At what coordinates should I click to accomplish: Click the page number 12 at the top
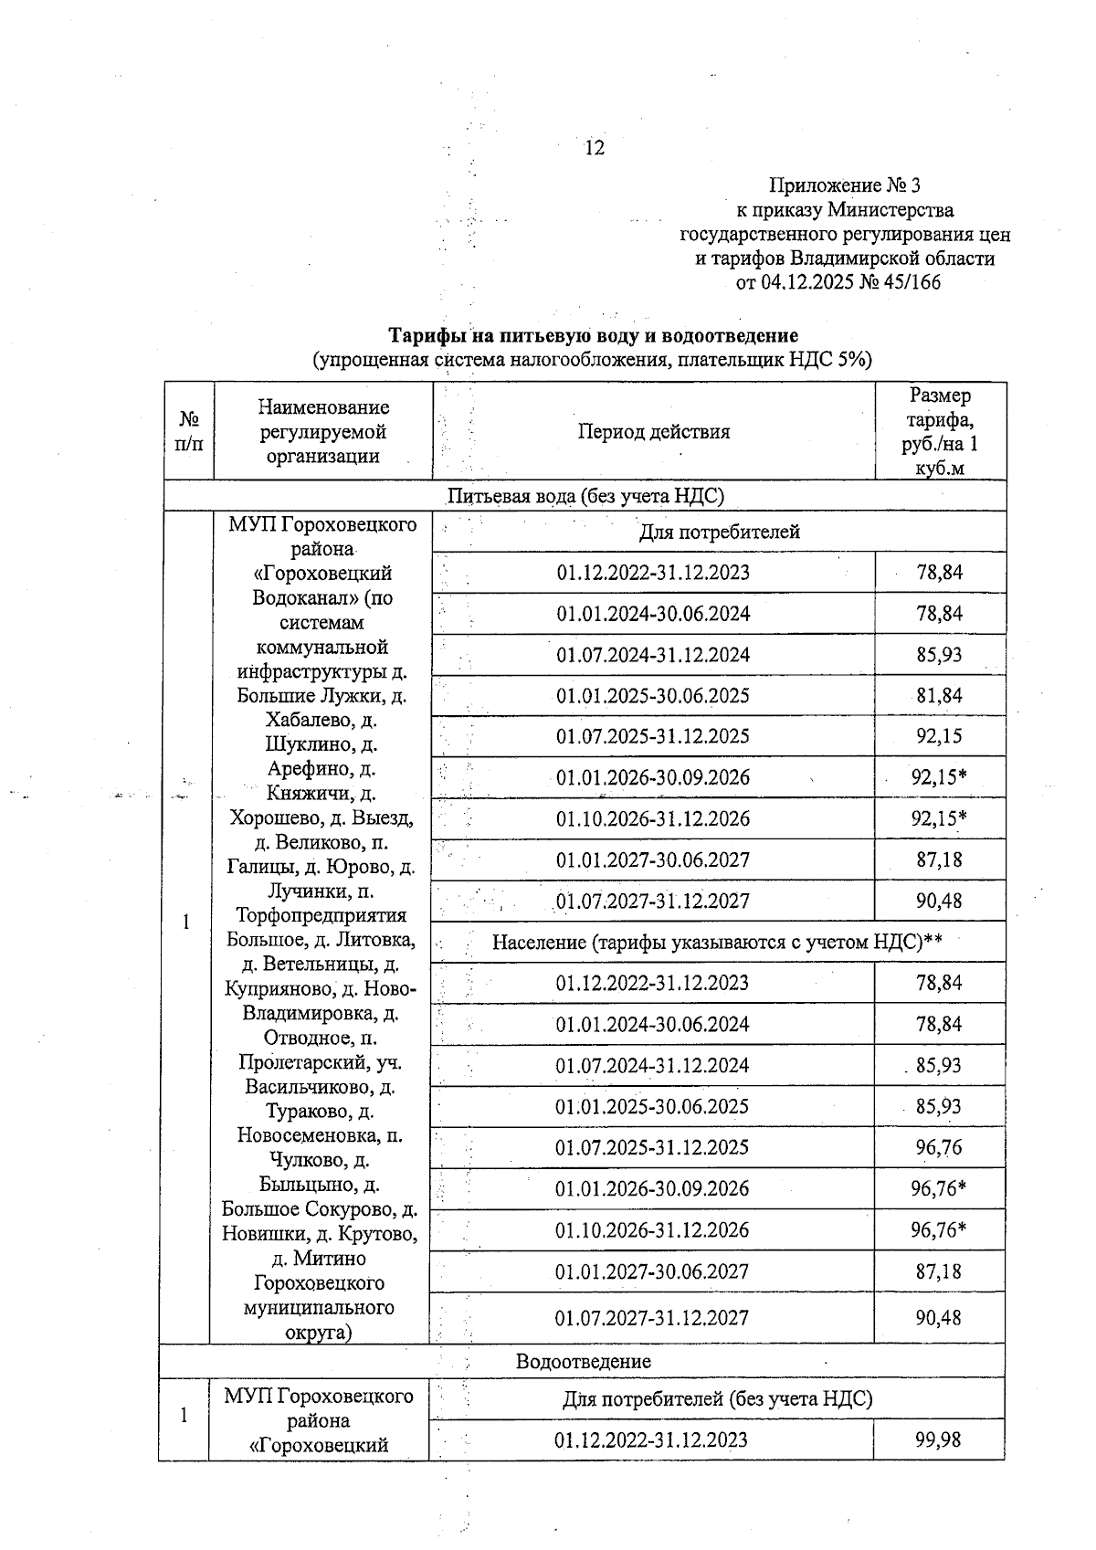(594, 147)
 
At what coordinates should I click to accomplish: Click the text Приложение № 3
(844, 186)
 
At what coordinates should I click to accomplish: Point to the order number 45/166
(907, 282)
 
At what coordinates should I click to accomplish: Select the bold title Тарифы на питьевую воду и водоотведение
(594, 336)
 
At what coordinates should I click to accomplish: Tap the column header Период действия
(653, 431)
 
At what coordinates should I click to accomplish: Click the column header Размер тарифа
(940, 431)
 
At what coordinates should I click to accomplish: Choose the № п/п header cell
(188, 431)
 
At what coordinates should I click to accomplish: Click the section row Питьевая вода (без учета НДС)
(585, 496)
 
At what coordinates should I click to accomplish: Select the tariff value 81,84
(940, 696)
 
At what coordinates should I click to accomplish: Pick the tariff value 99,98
(940, 1440)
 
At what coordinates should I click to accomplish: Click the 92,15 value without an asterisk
(940, 736)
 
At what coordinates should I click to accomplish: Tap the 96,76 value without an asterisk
(940, 1147)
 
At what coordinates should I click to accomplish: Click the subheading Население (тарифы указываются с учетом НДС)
(717, 942)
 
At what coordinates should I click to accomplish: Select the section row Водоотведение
(584, 1361)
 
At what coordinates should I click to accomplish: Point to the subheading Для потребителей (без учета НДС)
(717, 1398)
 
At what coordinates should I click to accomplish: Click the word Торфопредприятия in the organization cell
(321, 915)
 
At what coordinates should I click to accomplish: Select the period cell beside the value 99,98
(651, 1440)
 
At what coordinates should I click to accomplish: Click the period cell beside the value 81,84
(653, 696)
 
